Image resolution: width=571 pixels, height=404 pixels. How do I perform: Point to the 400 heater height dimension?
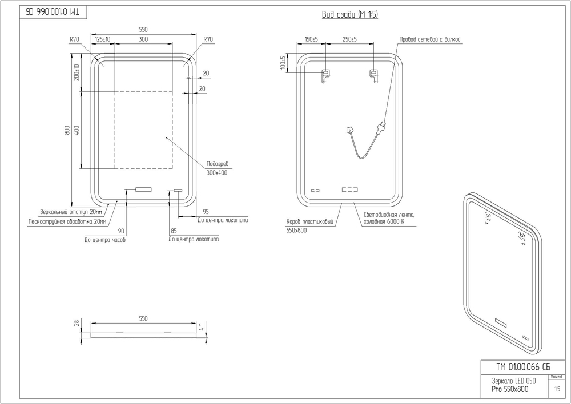coord(77,130)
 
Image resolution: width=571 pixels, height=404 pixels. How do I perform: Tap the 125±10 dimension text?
coord(103,39)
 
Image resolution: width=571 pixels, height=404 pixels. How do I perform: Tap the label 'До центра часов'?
coord(104,240)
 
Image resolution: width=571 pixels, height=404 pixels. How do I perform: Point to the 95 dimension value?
coord(206,212)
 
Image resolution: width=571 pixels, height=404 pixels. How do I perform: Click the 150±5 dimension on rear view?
coord(311,39)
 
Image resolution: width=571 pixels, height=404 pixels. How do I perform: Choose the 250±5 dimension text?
coord(349,39)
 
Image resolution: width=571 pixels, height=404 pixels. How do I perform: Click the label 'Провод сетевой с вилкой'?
coord(429,39)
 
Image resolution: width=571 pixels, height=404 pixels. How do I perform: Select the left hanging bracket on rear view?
coord(325,75)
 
